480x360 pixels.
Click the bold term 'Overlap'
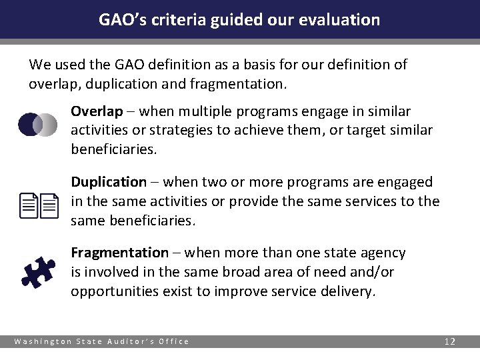point(97,111)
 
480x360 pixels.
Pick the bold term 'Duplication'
point(109,182)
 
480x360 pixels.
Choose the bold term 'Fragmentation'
point(120,253)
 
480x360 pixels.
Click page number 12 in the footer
point(450,341)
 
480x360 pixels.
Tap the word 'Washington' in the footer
point(41,341)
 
